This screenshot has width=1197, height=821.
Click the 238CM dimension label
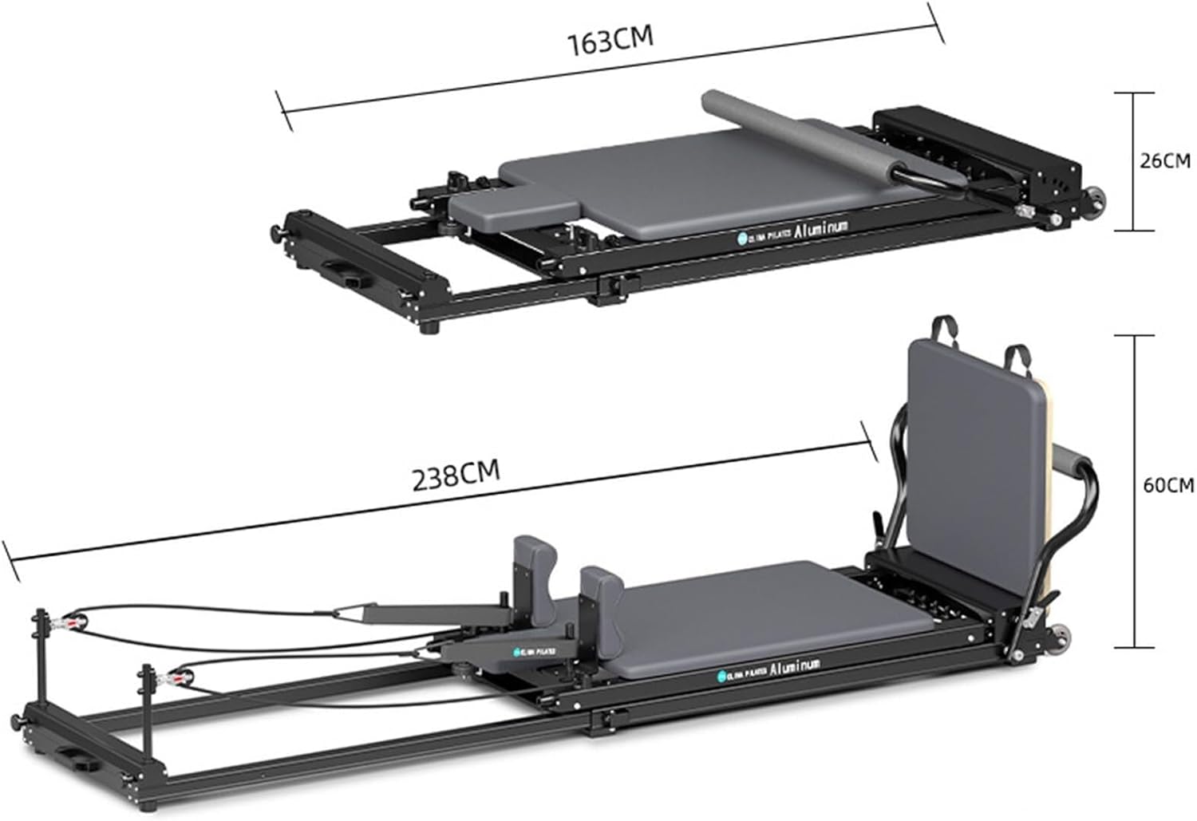point(456,476)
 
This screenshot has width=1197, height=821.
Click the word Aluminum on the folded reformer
point(821,227)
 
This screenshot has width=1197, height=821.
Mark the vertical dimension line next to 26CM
point(1134,161)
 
